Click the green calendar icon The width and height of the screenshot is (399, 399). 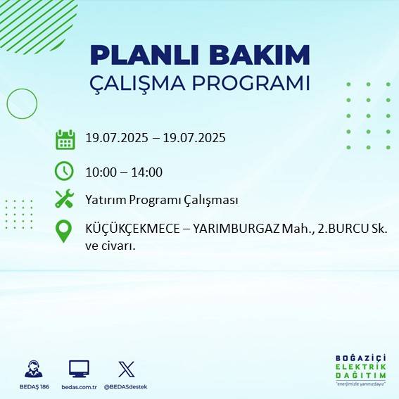pyautogui.click(x=65, y=139)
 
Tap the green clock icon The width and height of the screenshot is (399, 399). pyautogui.click(x=64, y=171)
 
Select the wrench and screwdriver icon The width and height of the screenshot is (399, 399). pyautogui.click(x=64, y=199)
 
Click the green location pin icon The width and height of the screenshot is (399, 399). pyautogui.click(x=64, y=232)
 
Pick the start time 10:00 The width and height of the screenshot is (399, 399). pyautogui.click(x=101, y=172)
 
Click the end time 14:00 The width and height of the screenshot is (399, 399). pyautogui.click(x=147, y=172)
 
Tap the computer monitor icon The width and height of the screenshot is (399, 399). pyautogui.click(x=78, y=368)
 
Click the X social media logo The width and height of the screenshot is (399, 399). pyautogui.click(x=127, y=368)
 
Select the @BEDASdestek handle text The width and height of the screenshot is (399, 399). pyautogui.click(x=127, y=387)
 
